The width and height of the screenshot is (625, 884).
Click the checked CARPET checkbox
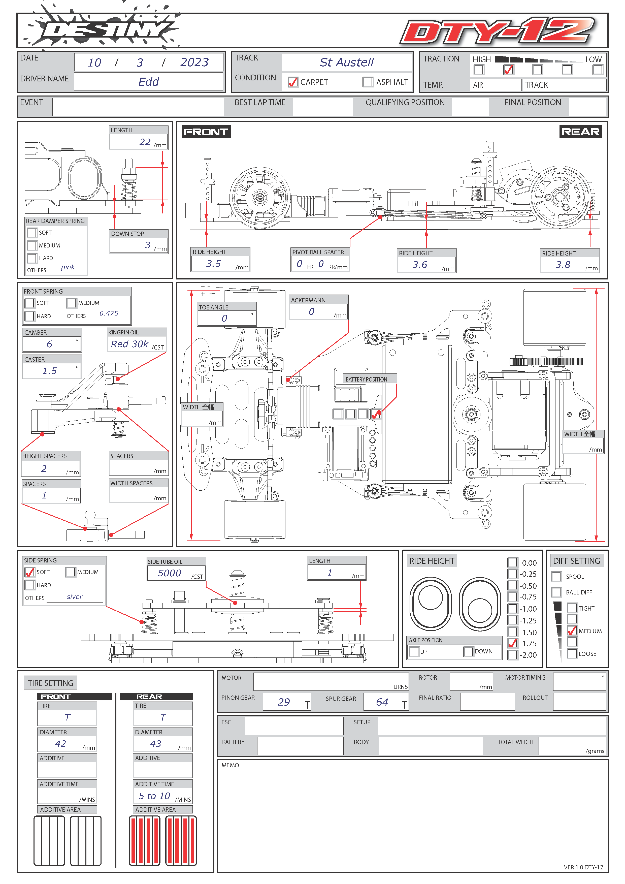coord(293,82)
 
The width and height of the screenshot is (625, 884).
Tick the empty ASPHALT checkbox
coord(368,82)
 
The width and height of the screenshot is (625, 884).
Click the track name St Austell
coord(346,62)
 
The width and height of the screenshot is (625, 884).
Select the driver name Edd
coord(149,82)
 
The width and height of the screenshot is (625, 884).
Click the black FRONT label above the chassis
coord(206,132)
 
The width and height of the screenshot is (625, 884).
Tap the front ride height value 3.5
coord(214,264)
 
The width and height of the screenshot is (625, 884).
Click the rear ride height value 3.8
coord(563,265)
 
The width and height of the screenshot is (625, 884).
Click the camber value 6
coord(49,344)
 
